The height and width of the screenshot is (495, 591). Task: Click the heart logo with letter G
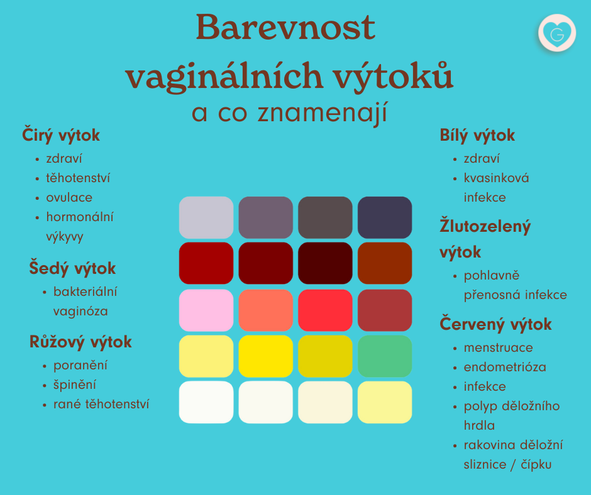point(557,33)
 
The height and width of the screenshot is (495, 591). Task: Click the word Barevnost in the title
point(285,27)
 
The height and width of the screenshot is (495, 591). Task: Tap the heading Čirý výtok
point(61,135)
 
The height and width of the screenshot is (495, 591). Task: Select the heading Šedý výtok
point(72,268)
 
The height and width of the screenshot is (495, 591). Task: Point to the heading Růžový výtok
point(80,342)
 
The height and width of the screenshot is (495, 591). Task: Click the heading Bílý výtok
point(477,135)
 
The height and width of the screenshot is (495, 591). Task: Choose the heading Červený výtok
point(495,324)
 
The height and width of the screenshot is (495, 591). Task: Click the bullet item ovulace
point(69,197)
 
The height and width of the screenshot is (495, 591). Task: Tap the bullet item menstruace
point(499,347)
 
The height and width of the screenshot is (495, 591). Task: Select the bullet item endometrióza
point(505,367)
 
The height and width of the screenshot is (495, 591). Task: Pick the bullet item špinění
point(75,385)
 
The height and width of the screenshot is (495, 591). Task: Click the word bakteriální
point(85,291)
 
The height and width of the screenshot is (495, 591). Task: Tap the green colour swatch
point(385,356)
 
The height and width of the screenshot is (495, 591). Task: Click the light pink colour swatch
point(206,310)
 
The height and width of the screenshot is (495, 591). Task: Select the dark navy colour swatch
point(385,217)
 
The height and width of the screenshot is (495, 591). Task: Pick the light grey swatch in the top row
point(206,217)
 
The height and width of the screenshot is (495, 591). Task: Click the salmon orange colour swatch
point(266,310)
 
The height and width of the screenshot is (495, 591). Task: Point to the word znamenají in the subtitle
point(323,113)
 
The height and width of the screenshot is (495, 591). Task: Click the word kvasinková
point(497,178)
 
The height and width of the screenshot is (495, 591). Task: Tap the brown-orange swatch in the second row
point(385,263)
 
